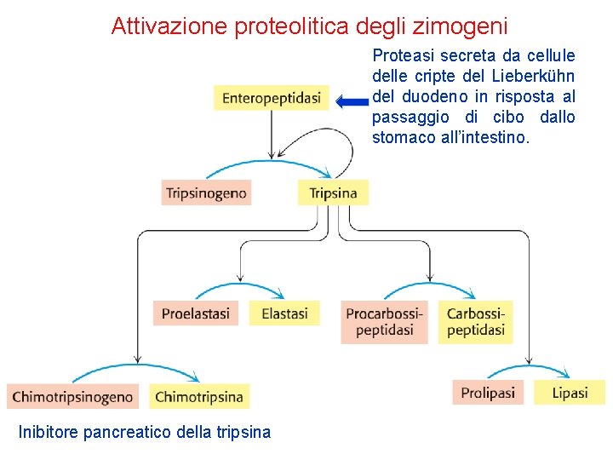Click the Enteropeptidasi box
[x=271, y=98]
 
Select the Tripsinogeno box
[x=206, y=193]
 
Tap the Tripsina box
[x=333, y=193]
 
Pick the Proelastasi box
[x=195, y=313]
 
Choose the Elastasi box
[x=284, y=313]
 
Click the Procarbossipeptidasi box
[x=384, y=322]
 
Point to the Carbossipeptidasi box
[x=475, y=322]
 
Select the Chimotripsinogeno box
[x=73, y=396]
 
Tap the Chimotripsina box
[x=199, y=396]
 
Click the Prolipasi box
[x=488, y=393]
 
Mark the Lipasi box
[x=569, y=393]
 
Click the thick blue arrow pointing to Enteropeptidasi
[x=351, y=101]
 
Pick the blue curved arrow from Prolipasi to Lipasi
[x=528, y=370]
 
